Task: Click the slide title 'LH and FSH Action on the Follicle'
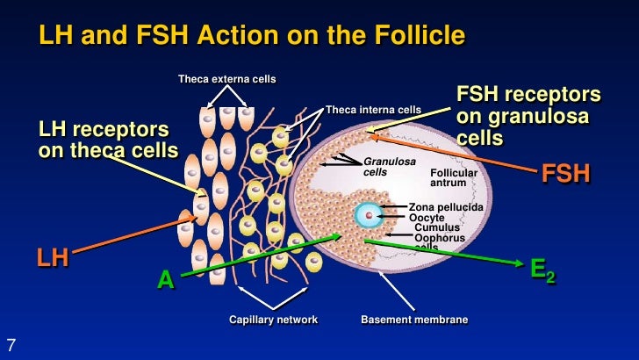pos(250,36)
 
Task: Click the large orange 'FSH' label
pos(565,173)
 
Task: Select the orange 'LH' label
pos(53,257)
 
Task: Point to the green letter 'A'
pos(164,281)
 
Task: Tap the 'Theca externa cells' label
pos(226,80)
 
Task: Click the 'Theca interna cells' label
pos(373,110)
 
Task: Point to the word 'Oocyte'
pos(427,217)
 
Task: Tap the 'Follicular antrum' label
pos(454,178)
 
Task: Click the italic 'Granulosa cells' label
pos(389,167)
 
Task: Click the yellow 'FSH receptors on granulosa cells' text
pos(528,116)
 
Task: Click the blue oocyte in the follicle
pos(370,213)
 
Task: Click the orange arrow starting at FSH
pos(456,150)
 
